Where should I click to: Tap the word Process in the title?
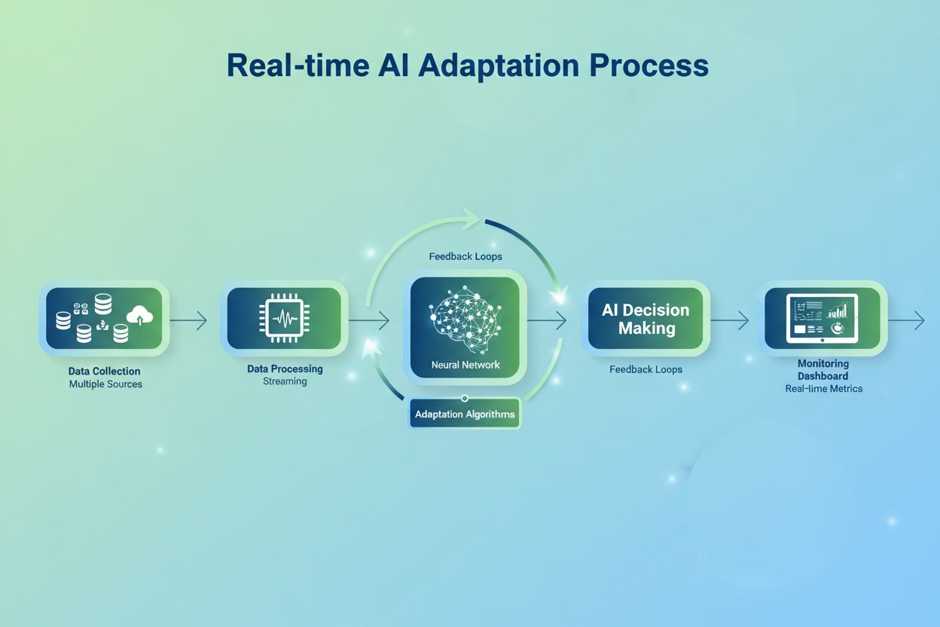click(649, 66)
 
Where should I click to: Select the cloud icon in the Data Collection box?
click(140, 315)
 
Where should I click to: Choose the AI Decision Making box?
click(645, 319)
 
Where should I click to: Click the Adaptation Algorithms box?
click(465, 414)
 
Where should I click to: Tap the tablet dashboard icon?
click(822, 319)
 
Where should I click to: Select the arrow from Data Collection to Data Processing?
click(188, 321)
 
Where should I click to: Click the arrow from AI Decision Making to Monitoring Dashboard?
click(729, 321)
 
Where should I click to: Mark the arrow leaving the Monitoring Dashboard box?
click(906, 321)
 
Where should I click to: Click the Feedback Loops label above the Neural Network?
click(465, 256)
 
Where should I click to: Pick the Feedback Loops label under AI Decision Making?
click(645, 369)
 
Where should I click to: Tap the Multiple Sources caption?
click(105, 384)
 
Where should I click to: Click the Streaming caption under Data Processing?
click(285, 381)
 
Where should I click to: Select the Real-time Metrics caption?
click(823, 389)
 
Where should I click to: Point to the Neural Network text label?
click(465, 365)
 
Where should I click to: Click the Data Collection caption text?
click(104, 371)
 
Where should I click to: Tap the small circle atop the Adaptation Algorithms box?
click(465, 398)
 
